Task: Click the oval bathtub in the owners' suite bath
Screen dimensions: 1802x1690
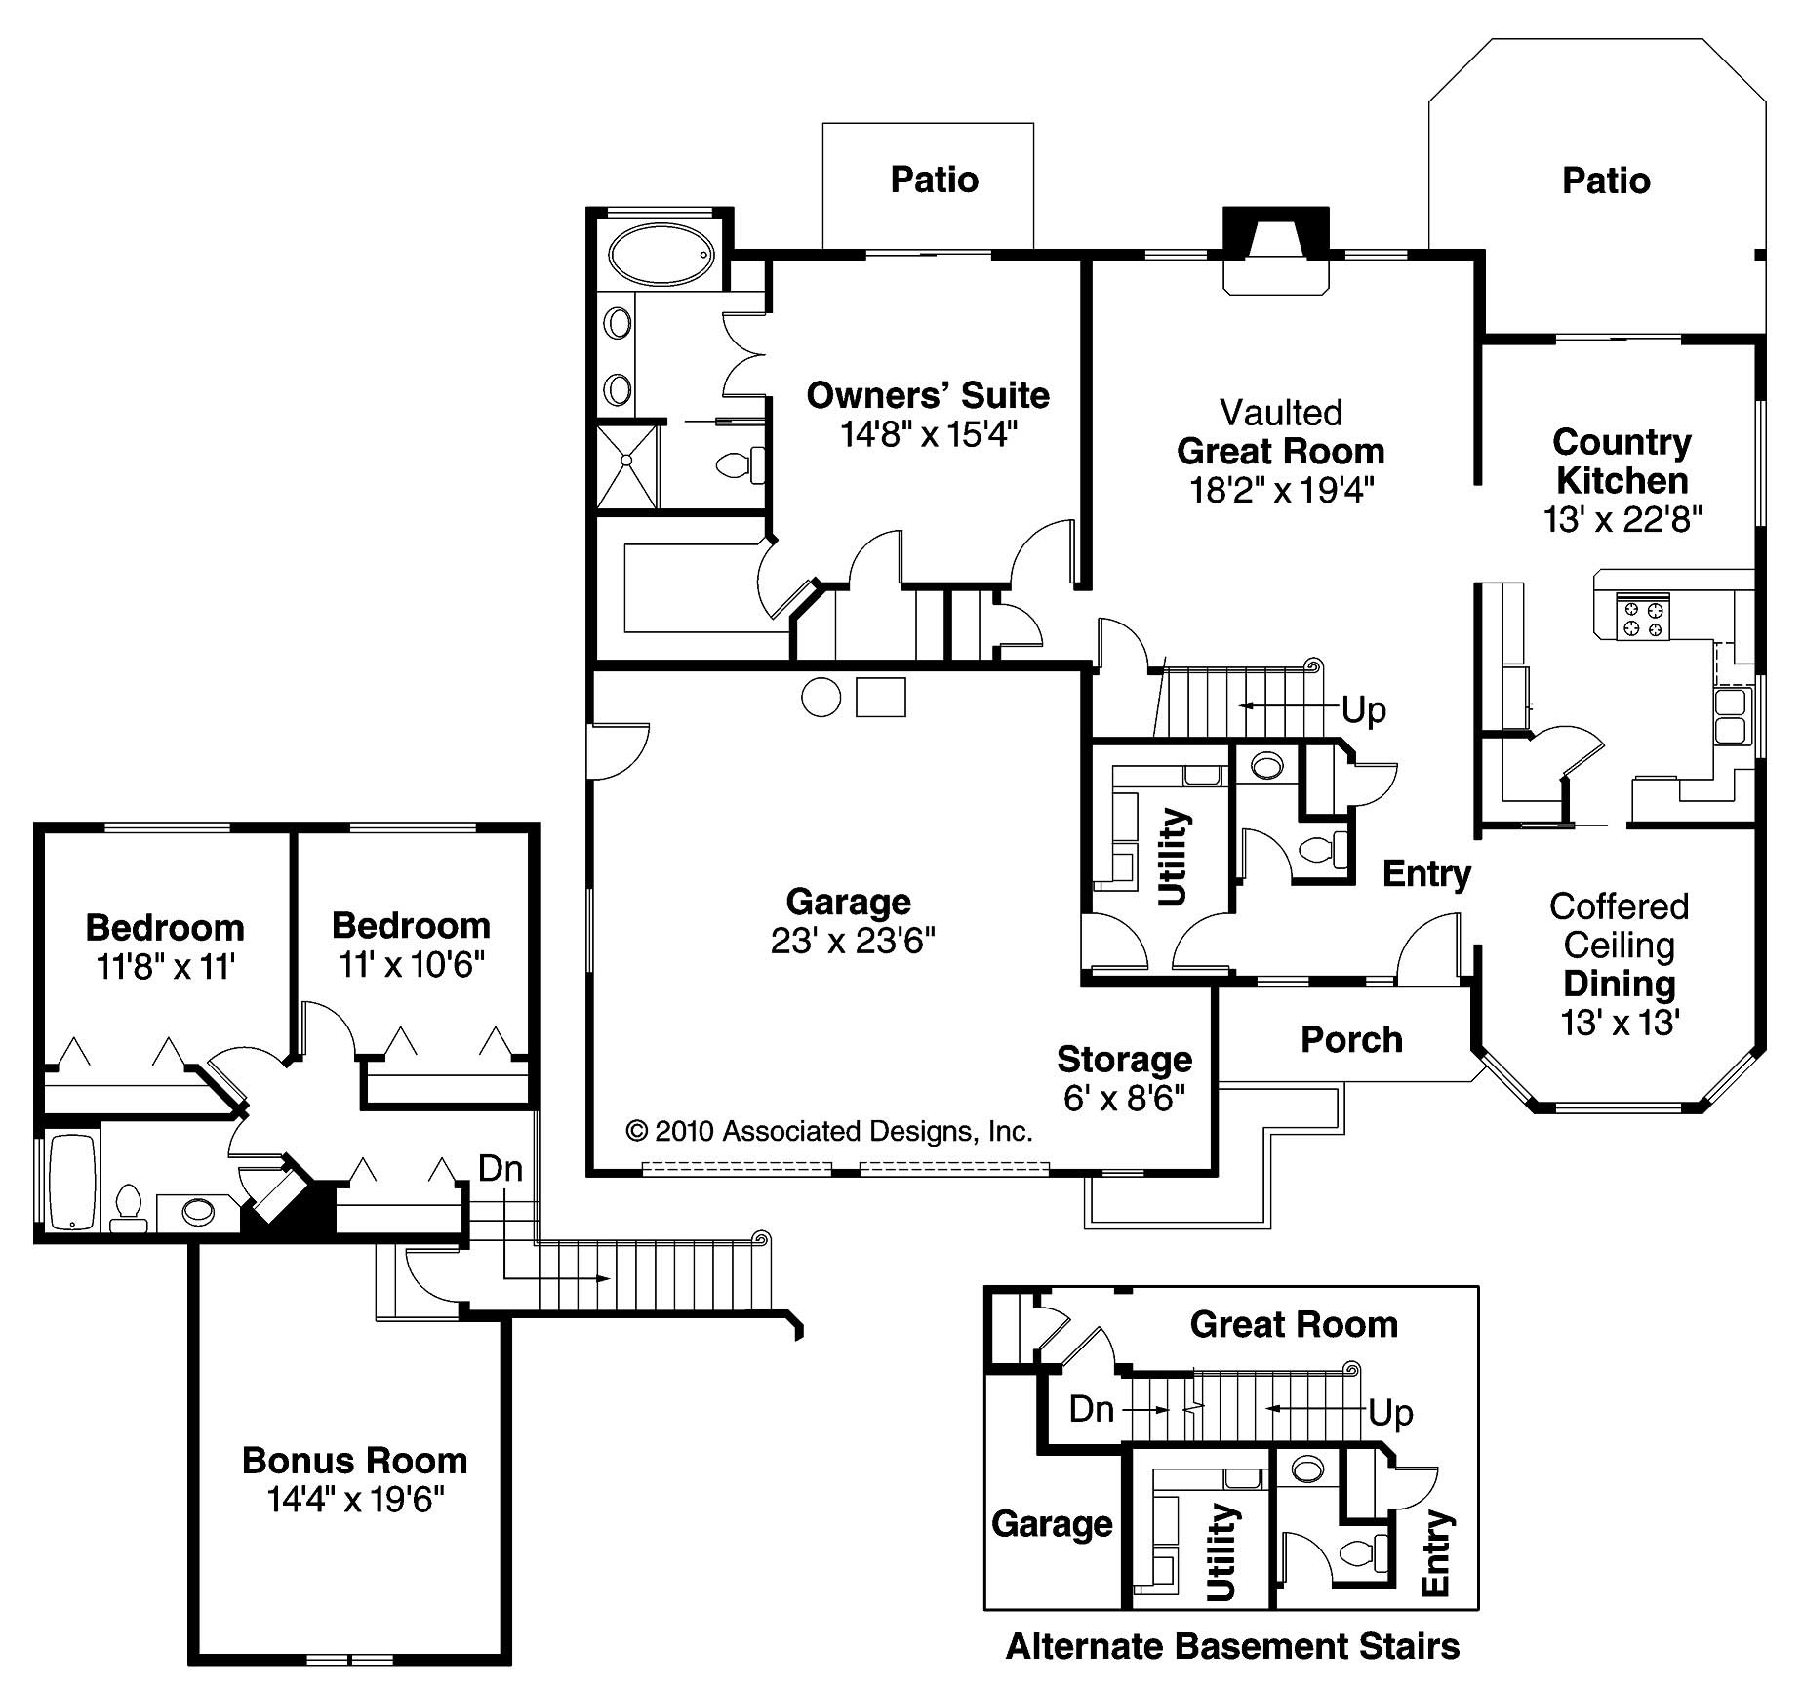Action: click(x=661, y=255)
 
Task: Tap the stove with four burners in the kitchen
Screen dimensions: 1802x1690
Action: click(x=1642, y=617)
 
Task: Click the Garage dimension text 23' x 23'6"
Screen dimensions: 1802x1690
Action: click(x=853, y=941)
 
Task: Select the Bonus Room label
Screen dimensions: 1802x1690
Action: click(x=355, y=1460)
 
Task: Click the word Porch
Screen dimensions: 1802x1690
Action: click(x=1351, y=1039)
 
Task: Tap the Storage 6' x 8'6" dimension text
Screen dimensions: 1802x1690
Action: click(x=1124, y=1098)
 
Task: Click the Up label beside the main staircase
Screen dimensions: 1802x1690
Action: click(x=1364, y=709)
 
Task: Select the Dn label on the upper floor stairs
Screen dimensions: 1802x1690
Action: click(x=500, y=1168)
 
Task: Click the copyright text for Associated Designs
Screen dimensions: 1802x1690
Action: click(x=828, y=1131)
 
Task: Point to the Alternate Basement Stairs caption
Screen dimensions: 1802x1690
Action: click(x=1232, y=1646)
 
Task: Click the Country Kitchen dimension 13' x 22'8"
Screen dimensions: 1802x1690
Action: click(x=1622, y=519)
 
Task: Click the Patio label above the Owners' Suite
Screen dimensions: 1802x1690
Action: click(x=934, y=180)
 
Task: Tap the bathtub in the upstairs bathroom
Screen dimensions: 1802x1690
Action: click(x=72, y=1182)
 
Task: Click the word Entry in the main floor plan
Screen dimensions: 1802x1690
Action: click(x=1426, y=874)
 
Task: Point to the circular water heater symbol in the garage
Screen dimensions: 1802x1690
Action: click(x=821, y=698)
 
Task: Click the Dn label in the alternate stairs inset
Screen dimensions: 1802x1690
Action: click(x=1092, y=1408)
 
